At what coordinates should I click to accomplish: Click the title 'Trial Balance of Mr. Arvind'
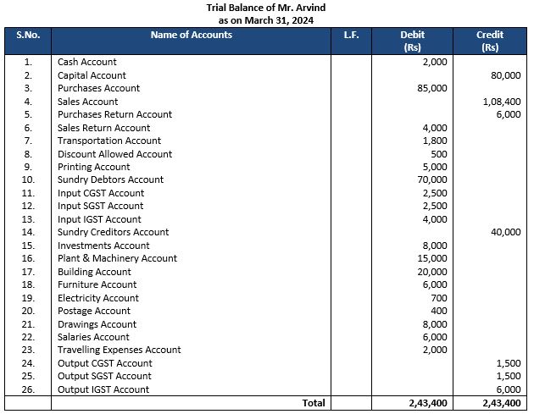point(267,8)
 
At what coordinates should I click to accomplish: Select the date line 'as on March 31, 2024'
point(267,19)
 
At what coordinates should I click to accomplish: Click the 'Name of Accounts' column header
point(191,36)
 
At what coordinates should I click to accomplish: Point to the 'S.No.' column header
point(28,36)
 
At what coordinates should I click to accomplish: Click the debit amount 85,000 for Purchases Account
point(432,88)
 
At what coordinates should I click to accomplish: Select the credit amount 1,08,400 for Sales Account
point(502,102)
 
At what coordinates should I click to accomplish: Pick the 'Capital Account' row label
point(92,75)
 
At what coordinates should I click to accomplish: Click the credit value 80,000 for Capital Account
point(506,75)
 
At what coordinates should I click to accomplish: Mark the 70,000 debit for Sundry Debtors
point(432,179)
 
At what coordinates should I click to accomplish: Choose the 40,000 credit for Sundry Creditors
point(506,232)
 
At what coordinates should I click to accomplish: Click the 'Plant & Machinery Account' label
point(117,258)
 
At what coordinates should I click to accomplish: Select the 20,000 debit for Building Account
point(432,272)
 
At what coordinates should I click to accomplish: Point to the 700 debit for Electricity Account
point(438,298)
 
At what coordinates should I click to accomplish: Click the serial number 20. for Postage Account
point(28,311)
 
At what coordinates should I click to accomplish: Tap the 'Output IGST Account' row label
point(103,389)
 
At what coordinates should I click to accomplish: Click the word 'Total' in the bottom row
point(313,403)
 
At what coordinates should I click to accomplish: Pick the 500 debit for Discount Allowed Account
point(438,154)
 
